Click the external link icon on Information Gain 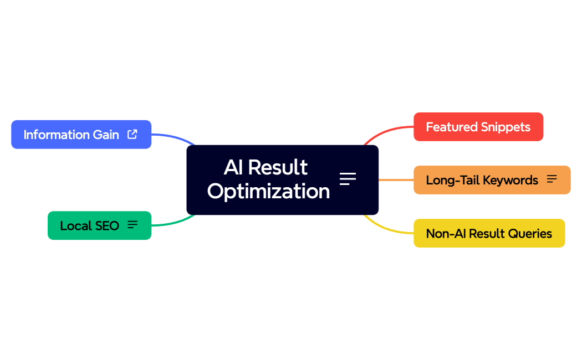[x=132, y=134]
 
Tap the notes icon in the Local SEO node [x=132, y=225]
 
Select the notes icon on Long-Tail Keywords [x=552, y=179]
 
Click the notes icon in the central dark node [x=348, y=179]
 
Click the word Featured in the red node [x=448, y=127]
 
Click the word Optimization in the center [x=268, y=192]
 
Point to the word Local [x=75, y=225]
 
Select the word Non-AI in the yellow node [x=446, y=233]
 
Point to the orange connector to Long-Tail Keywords [x=396, y=180]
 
